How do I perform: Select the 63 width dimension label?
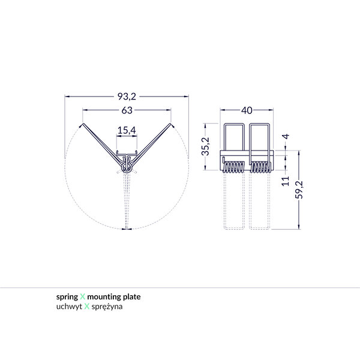point(127,110)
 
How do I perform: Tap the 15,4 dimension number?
point(127,130)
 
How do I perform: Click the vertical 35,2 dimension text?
point(205,146)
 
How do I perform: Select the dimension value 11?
point(286,179)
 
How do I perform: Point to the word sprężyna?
point(108,306)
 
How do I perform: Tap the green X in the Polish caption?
point(86,306)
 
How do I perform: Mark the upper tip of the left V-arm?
point(82,125)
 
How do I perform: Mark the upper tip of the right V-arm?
point(172,125)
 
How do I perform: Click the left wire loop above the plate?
point(235,137)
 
